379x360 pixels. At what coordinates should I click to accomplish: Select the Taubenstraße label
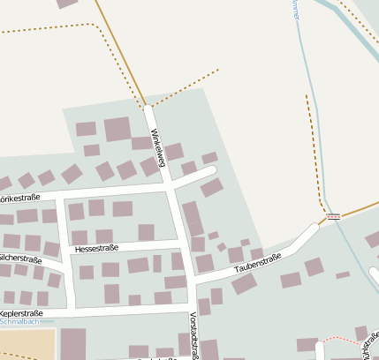coord(258,262)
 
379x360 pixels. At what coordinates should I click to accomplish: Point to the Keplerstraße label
coord(22,313)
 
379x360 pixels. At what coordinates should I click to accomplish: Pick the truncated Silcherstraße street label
coord(20,259)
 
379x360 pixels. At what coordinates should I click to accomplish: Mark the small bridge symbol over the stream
coord(333,216)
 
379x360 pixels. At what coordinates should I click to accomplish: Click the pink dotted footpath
coord(341,339)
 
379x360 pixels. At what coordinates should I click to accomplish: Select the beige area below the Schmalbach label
coord(27,344)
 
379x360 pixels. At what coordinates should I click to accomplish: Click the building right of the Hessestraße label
coord(146,231)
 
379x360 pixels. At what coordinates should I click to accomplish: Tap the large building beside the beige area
coord(73,344)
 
